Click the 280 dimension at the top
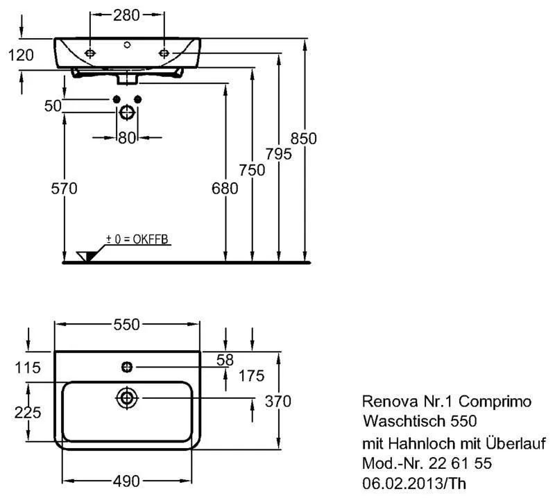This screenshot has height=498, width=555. pos(128,15)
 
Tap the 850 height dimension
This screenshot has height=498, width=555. pos(303,139)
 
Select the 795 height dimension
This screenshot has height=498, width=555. pos(277,154)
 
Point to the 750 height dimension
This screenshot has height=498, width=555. pos(252,171)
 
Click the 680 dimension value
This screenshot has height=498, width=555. pos(225,188)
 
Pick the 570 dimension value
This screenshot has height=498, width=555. pos(63,188)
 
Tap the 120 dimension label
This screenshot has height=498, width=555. pos(21,55)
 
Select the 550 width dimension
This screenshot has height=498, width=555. pos(128,324)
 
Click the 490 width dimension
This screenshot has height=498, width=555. pos(128,481)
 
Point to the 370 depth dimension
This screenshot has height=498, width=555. pos(278,401)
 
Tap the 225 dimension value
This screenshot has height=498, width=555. pos(27,411)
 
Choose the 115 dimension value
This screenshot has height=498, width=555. pos(27,367)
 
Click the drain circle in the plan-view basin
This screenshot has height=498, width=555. pos(127,398)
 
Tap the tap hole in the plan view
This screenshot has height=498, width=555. pos(127,366)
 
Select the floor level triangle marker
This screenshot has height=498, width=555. pos(86,257)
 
